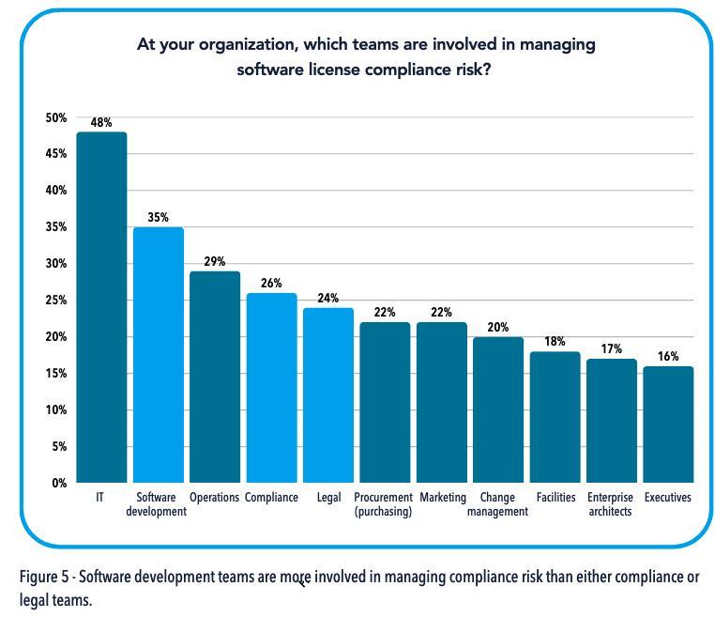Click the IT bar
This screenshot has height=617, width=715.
pos(101,307)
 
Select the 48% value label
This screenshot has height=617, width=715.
pos(101,123)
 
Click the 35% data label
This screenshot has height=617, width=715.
pos(158,218)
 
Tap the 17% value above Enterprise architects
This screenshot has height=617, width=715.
pos(612,349)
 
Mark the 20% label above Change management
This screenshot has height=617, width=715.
pos(498,328)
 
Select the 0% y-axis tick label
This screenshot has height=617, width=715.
pos(59,483)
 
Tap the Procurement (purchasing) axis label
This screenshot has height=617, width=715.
pos(384,504)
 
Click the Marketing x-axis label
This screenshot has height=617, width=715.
pos(443,498)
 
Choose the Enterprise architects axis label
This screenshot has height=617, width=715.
pos(611,504)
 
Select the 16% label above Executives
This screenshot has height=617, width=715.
pos(668,357)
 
